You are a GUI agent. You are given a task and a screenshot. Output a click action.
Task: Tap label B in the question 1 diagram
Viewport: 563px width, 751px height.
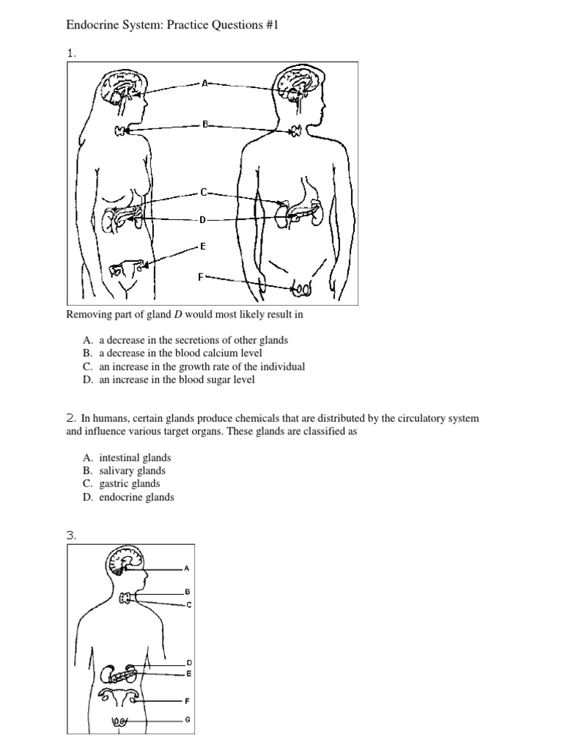point(205,125)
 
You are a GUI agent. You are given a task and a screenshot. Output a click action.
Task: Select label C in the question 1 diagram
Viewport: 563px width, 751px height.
point(204,192)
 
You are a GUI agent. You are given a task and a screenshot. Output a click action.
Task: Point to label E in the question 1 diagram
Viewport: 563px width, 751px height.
point(203,247)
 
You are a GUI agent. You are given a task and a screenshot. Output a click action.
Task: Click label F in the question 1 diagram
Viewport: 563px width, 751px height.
point(200,276)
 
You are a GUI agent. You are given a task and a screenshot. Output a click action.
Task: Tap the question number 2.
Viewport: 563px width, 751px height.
point(71,418)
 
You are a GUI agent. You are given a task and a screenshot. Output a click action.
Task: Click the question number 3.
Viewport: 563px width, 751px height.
point(71,535)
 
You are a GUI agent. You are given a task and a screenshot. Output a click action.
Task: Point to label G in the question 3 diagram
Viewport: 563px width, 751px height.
point(188,719)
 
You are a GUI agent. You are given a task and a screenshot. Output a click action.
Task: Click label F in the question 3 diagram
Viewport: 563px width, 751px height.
point(188,700)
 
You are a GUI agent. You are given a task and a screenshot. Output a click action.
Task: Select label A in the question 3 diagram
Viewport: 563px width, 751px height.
point(187,568)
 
